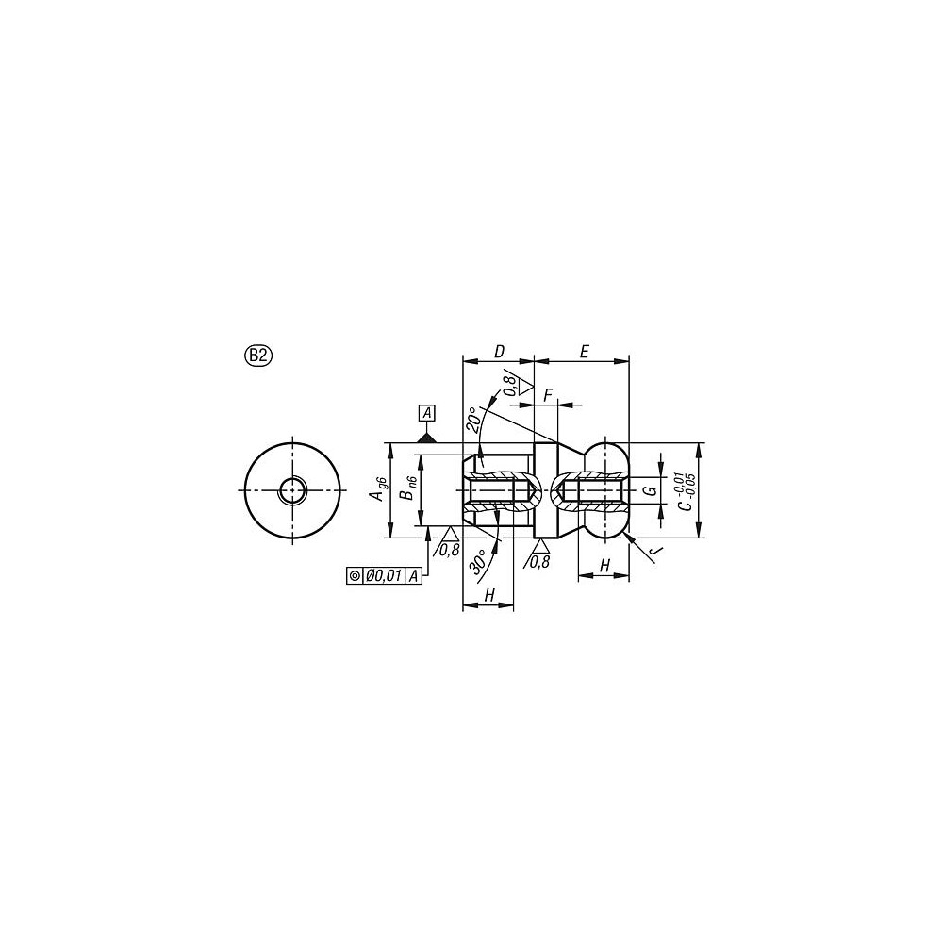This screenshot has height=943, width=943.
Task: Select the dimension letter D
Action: click(x=499, y=352)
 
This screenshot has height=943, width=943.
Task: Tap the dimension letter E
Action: click(x=583, y=352)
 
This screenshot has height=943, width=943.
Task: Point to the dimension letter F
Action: click(x=548, y=394)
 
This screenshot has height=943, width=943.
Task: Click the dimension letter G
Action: click(x=649, y=491)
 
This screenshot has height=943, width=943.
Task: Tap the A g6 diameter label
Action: click(x=379, y=489)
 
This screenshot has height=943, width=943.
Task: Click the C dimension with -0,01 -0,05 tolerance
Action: click(x=687, y=491)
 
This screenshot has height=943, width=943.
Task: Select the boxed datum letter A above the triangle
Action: click(x=427, y=413)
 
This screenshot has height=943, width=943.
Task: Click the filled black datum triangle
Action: click(x=427, y=437)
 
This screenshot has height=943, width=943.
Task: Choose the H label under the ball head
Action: click(x=604, y=564)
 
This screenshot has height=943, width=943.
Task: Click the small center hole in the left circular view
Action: click(x=292, y=489)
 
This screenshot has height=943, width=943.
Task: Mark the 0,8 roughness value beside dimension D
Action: click(x=508, y=384)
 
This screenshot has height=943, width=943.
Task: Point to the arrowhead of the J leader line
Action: click(x=624, y=534)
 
